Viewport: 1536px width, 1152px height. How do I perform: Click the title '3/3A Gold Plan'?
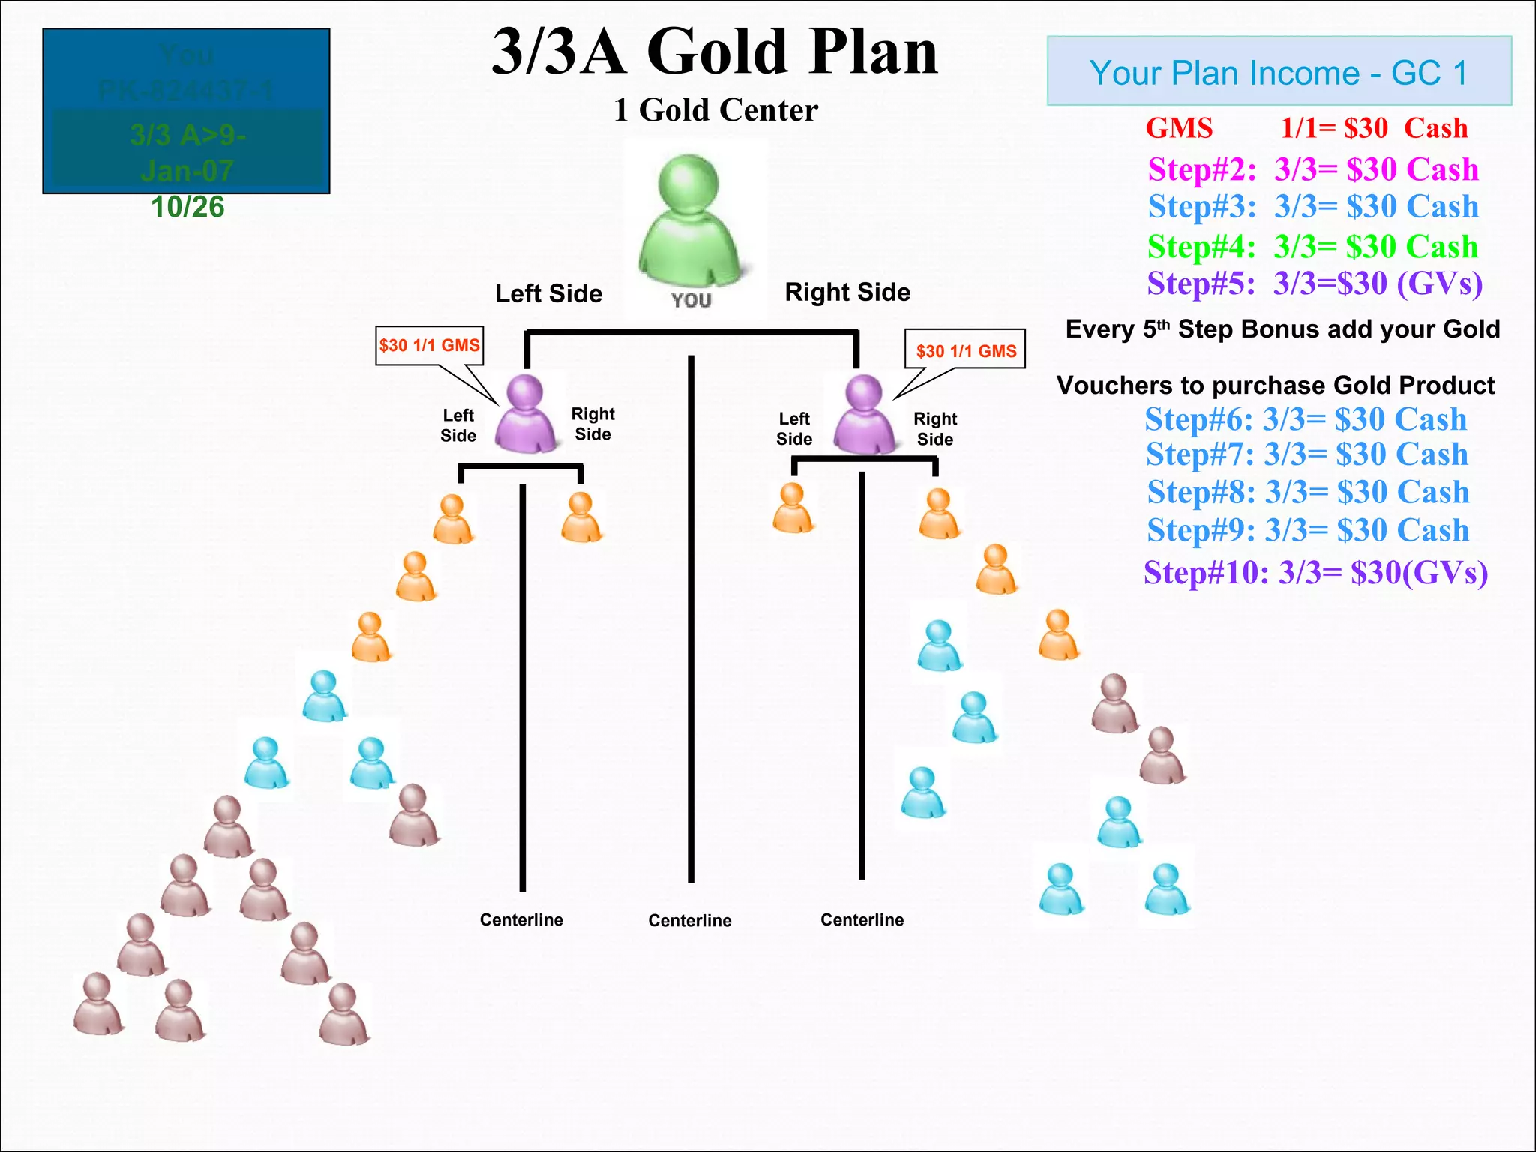pos(714,51)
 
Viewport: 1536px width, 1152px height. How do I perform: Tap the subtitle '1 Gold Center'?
pos(715,110)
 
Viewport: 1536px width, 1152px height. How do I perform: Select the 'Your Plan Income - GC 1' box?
pos(1279,71)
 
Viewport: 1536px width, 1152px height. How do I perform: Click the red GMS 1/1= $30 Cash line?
pos(1306,128)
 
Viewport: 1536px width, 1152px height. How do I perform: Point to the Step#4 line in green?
pos(1312,246)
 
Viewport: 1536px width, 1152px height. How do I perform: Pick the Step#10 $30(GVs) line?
pos(1315,572)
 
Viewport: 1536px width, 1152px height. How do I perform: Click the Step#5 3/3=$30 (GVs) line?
pos(1314,283)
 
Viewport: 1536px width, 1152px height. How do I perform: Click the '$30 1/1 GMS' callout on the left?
pos(429,345)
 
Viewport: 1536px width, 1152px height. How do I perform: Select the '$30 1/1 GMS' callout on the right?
pos(965,350)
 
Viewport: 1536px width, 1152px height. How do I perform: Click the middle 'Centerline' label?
pos(689,920)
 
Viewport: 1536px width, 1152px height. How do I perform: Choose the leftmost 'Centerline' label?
pos(521,919)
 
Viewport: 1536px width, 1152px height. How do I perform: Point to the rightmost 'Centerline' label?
pos(862,919)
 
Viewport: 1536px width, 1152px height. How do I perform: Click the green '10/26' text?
pos(187,207)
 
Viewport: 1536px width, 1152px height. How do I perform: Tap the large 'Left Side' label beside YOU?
pos(548,293)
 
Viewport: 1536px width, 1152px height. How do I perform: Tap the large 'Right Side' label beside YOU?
pos(847,292)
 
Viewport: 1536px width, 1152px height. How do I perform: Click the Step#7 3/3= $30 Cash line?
pos(1306,454)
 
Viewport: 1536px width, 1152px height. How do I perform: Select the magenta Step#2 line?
pos(1312,169)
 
